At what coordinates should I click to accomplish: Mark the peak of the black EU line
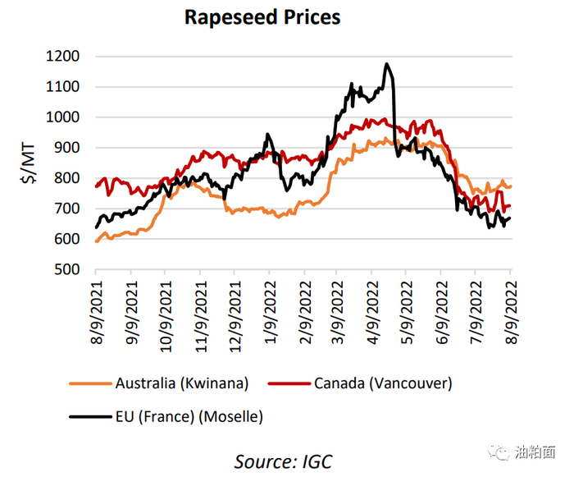pos(387,63)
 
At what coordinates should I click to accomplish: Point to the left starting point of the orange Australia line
pos(97,241)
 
